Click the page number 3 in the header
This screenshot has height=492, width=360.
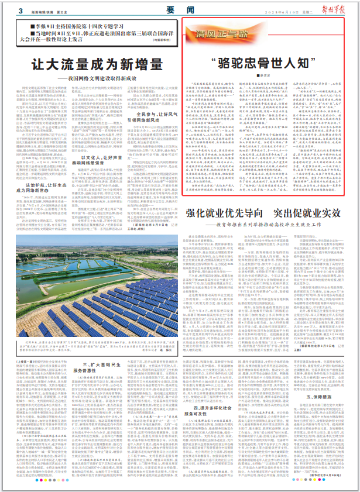coord(20,11)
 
